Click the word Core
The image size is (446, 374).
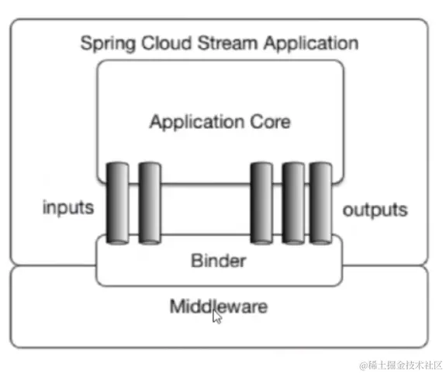tap(272, 122)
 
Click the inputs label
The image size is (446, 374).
tap(68, 208)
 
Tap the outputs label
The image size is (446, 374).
tap(375, 210)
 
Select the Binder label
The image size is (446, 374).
tap(218, 261)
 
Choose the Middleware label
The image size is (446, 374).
tap(218, 306)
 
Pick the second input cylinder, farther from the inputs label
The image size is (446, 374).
tap(149, 203)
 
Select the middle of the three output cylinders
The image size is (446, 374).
tap(292, 203)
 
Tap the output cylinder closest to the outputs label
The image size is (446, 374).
tap(320, 203)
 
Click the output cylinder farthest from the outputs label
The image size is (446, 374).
tap(262, 203)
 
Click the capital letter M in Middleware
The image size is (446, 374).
tap(176, 306)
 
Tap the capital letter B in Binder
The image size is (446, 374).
tap(195, 261)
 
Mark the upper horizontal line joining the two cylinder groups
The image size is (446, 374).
tap(206, 185)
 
